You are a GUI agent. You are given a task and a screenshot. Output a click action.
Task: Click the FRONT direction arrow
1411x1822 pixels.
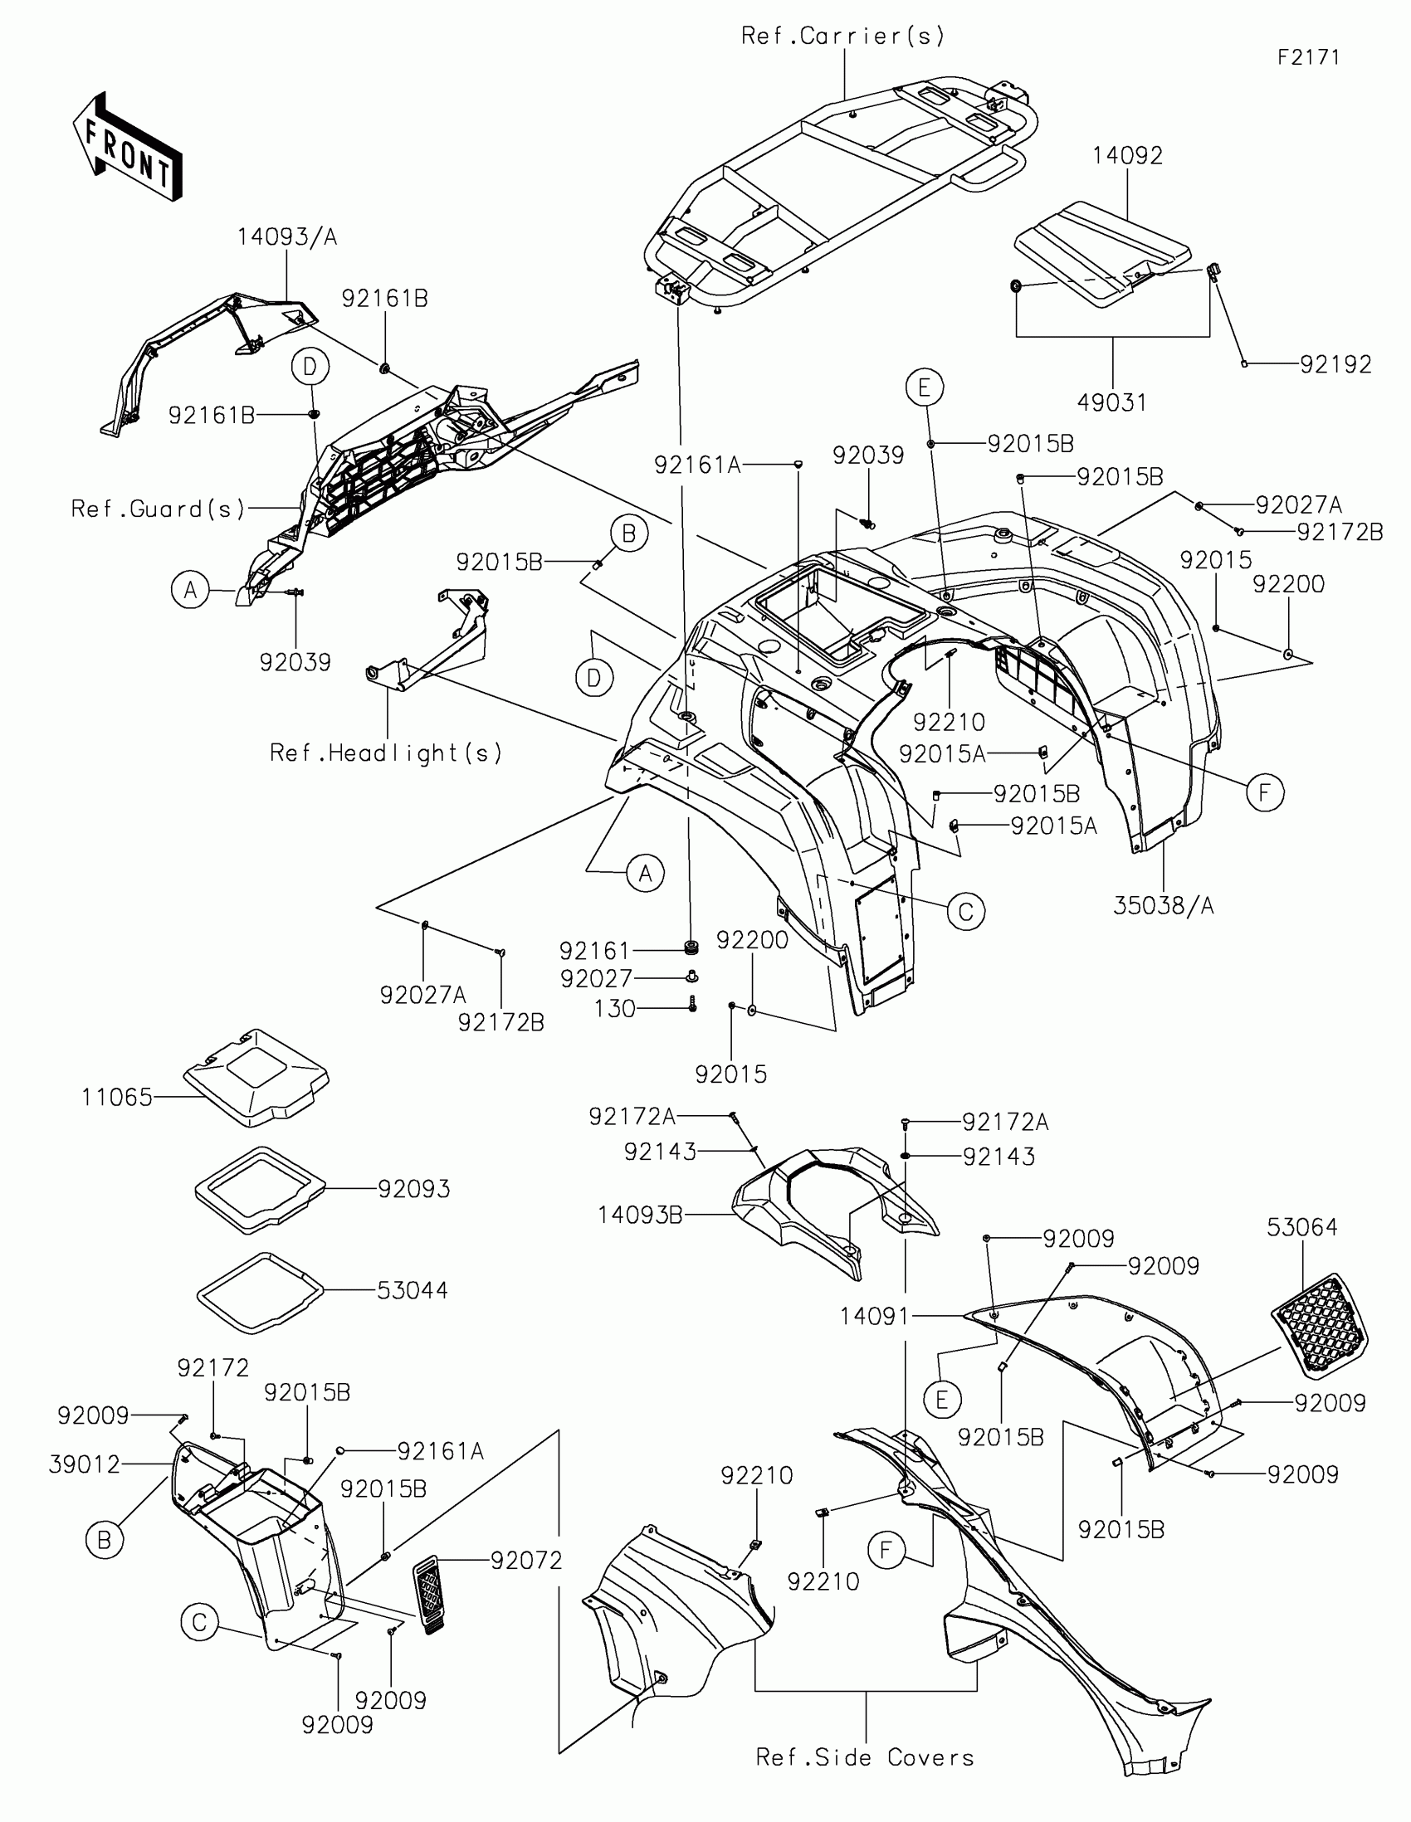[128, 148]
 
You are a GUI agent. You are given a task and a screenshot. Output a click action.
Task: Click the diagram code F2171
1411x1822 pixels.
[1307, 57]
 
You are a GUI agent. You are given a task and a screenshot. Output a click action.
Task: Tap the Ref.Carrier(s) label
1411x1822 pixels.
[842, 36]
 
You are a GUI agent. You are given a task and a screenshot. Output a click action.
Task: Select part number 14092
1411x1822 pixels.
[1127, 156]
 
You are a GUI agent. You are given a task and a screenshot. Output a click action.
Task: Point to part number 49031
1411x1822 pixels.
[1111, 403]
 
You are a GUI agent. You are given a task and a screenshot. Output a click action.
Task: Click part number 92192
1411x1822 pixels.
[1335, 364]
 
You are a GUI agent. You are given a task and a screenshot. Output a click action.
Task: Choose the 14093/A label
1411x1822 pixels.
[287, 238]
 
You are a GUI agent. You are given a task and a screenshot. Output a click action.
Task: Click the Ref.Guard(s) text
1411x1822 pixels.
[158, 509]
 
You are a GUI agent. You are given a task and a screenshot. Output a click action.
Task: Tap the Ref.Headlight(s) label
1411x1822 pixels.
[385, 753]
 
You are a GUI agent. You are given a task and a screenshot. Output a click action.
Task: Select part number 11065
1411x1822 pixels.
[117, 1097]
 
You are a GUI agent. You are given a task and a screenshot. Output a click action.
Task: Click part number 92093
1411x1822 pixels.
[414, 1189]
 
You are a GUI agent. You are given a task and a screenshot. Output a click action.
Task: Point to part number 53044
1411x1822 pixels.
[413, 1291]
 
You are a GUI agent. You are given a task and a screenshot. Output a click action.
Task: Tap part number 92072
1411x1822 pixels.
[526, 1560]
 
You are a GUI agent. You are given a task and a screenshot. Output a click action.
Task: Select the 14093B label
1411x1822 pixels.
[640, 1215]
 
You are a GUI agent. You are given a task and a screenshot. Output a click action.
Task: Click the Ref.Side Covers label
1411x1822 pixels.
[865, 1758]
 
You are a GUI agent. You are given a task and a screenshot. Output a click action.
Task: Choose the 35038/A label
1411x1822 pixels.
[1163, 905]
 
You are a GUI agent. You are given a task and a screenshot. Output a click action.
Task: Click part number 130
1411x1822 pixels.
[615, 1009]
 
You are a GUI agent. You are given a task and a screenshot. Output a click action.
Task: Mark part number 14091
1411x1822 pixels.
[874, 1317]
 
